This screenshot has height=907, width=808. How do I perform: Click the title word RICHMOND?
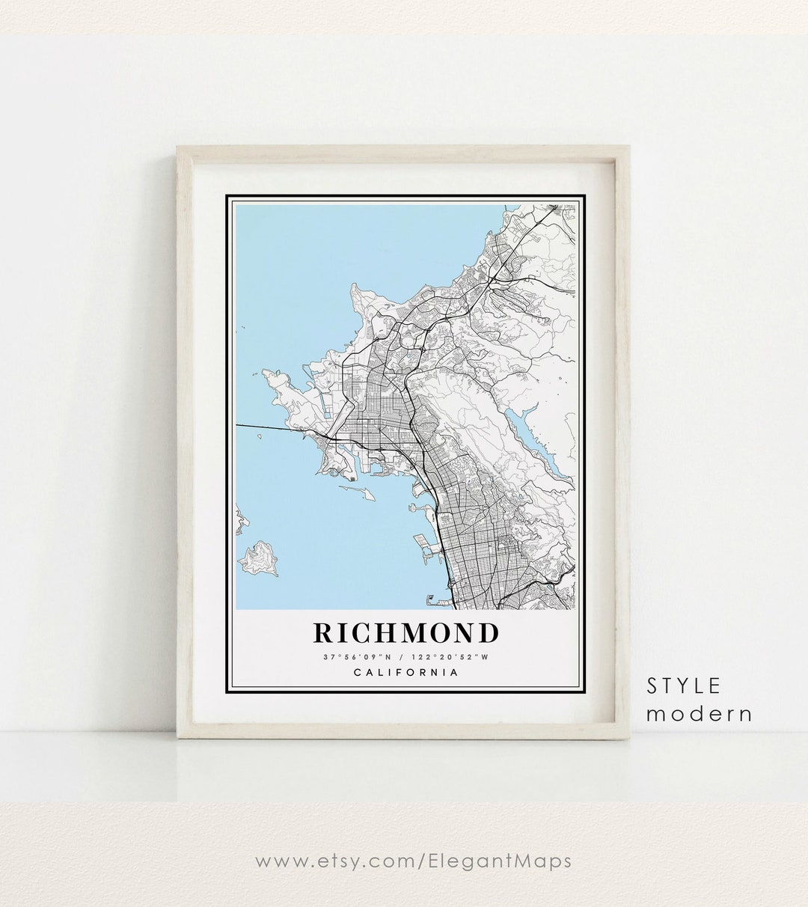click(x=405, y=633)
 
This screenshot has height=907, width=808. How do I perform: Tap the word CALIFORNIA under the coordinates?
click(x=405, y=672)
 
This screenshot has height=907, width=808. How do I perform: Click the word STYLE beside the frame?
click(x=684, y=685)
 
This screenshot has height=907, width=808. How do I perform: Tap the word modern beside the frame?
click(x=699, y=714)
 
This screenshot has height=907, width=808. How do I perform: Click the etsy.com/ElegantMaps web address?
click(x=413, y=861)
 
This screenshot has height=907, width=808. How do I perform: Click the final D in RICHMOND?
click(x=488, y=633)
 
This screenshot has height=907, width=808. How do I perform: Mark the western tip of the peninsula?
click(x=264, y=373)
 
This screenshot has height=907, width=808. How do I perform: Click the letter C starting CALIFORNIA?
click(x=357, y=672)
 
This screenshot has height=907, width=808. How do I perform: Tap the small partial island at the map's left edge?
click(x=240, y=521)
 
